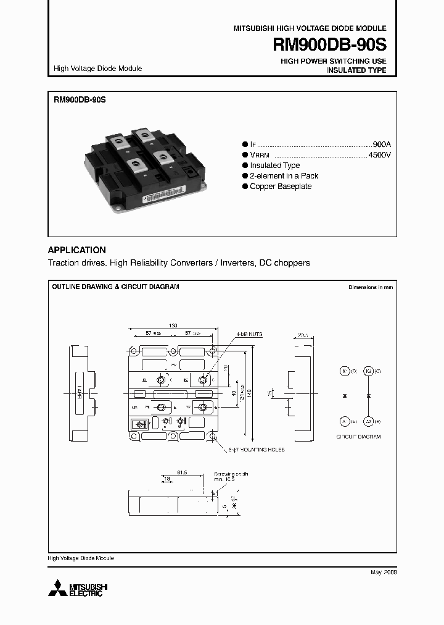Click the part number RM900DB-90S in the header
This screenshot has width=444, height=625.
point(330,46)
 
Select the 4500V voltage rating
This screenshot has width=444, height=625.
point(379,155)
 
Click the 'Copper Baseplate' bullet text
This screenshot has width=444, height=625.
point(281,187)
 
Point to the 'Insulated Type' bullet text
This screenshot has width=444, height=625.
point(274,166)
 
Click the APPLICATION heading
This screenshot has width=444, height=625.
point(77,250)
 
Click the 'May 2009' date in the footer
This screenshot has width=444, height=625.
point(383,573)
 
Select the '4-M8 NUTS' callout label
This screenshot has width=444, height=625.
point(249,334)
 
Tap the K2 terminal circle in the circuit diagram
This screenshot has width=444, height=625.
point(368,371)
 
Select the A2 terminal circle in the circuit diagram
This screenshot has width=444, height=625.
point(368,421)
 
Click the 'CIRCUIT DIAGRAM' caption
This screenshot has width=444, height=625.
point(358,437)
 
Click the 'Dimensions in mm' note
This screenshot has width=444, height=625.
point(370,287)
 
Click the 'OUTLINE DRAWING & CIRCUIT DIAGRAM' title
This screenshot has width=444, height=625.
point(115,287)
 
